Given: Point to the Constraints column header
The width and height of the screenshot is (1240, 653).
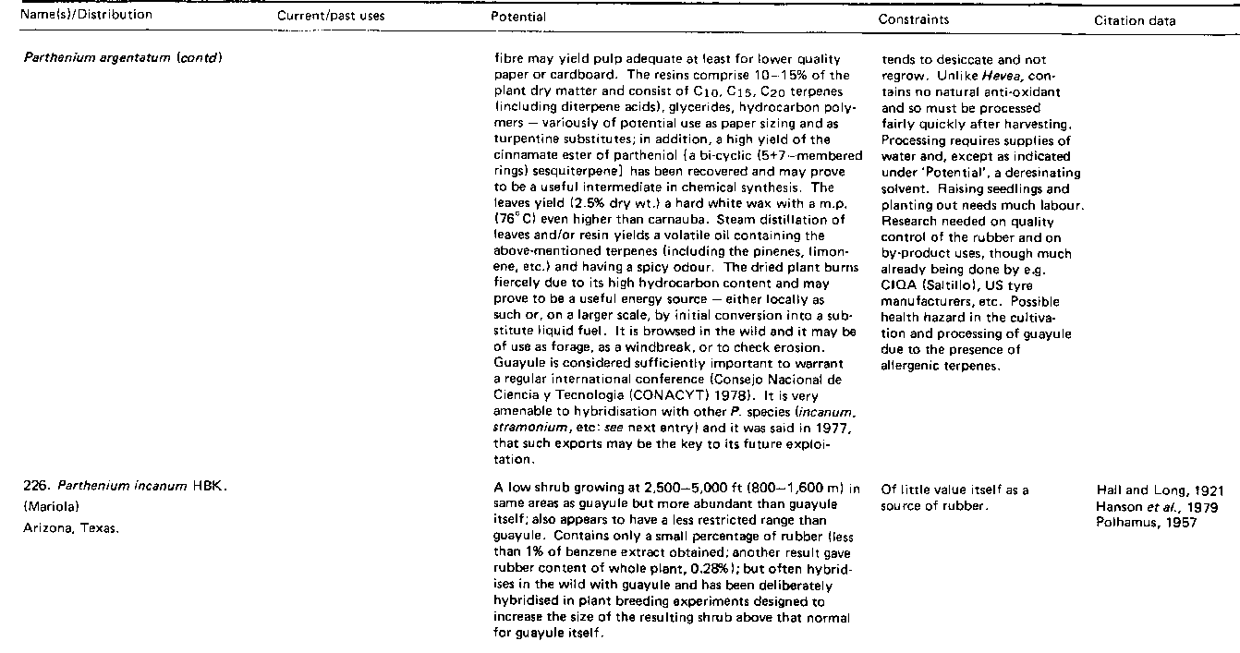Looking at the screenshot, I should (913, 18).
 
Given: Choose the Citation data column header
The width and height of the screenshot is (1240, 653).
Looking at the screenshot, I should (1135, 20).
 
